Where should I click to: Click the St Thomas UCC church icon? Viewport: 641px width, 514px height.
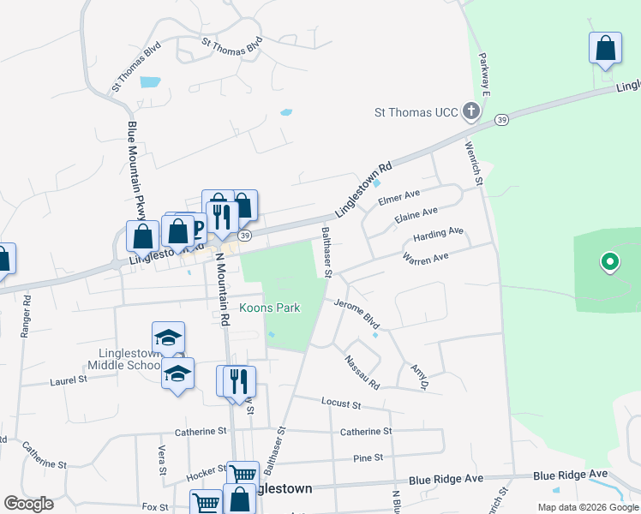click(x=470, y=111)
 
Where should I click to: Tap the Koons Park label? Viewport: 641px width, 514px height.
click(x=269, y=308)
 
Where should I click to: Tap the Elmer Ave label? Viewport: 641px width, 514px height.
click(x=399, y=197)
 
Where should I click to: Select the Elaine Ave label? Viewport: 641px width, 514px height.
click(x=416, y=215)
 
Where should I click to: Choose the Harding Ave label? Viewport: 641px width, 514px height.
click(x=438, y=233)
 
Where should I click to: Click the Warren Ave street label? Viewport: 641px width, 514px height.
click(x=425, y=258)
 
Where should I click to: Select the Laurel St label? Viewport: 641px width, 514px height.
click(x=63, y=380)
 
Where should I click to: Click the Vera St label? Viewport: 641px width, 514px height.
click(x=161, y=460)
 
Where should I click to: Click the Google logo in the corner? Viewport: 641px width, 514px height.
click(x=28, y=503)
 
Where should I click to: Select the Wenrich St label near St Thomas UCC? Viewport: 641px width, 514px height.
click(x=475, y=158)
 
